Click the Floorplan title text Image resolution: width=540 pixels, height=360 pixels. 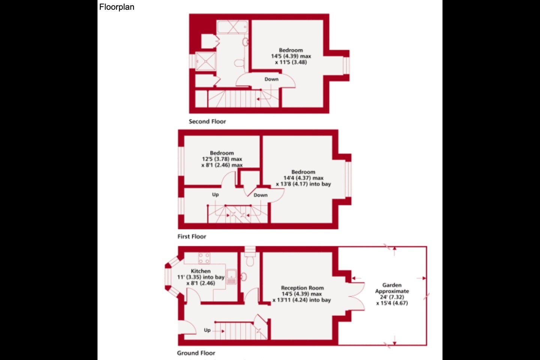117,7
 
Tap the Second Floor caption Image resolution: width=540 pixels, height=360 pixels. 207,121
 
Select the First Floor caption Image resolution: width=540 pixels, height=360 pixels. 192,237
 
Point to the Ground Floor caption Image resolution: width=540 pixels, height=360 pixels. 196,353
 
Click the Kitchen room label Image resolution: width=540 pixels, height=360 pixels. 201,271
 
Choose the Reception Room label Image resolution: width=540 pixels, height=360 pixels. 302,288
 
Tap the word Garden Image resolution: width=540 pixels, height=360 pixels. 392,285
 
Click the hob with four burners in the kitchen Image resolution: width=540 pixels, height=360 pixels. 204,258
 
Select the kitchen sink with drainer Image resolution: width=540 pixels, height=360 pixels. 231,277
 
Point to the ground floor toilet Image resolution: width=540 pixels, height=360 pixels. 250,259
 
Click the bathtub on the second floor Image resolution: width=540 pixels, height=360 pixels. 232,27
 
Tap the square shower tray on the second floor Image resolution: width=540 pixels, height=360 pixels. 205,61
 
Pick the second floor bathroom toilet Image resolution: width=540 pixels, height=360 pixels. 240,63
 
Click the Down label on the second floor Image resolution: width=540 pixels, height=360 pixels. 271,79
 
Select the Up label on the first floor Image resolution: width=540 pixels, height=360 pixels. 215,195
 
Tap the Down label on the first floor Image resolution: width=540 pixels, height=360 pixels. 261,195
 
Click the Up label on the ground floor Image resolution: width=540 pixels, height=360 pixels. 207,330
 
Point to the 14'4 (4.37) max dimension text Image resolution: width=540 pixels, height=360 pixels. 303,178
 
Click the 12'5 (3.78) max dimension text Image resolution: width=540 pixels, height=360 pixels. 222,159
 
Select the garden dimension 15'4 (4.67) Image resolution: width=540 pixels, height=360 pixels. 392,303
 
